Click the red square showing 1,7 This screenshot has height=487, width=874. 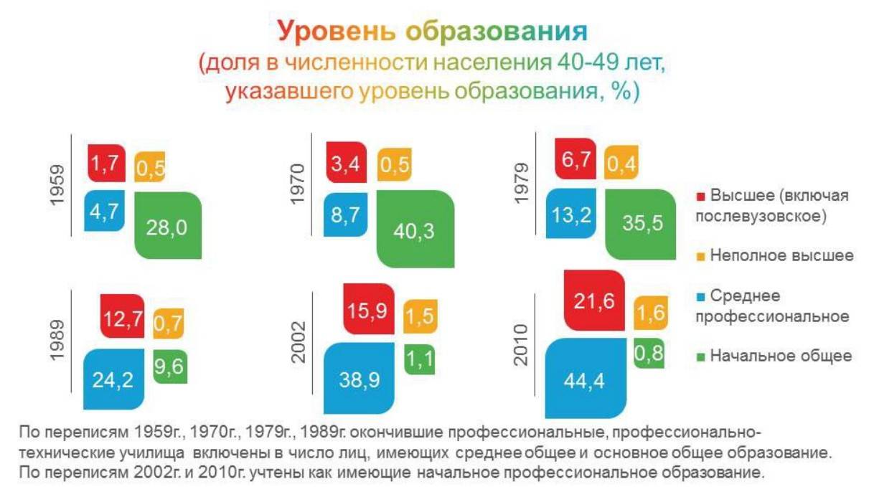[106, 163]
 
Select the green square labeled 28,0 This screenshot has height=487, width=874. [168, 225]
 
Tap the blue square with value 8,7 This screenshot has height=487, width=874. [346, 214]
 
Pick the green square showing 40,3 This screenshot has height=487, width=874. [415, 229]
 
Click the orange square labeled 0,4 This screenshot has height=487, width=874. [621, 162]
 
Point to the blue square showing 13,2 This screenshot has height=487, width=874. [571, 213]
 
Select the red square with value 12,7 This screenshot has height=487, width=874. [123, 316]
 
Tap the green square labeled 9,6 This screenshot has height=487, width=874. [170, 367]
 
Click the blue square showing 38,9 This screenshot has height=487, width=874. [359, 378]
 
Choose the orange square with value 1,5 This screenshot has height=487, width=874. [420, 316]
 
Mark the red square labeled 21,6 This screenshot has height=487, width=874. [594, 301]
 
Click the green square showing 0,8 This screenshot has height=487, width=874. [649, 354]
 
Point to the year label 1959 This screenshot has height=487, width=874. [57, 185]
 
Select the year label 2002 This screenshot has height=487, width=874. [299, 342]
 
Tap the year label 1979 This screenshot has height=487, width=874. [522, 184]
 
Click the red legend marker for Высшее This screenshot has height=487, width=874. [701, 197]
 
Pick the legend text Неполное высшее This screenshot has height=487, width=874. [782, 256]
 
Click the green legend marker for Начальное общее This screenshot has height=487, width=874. [701, 356]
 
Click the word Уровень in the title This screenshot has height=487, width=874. [337, 31]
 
